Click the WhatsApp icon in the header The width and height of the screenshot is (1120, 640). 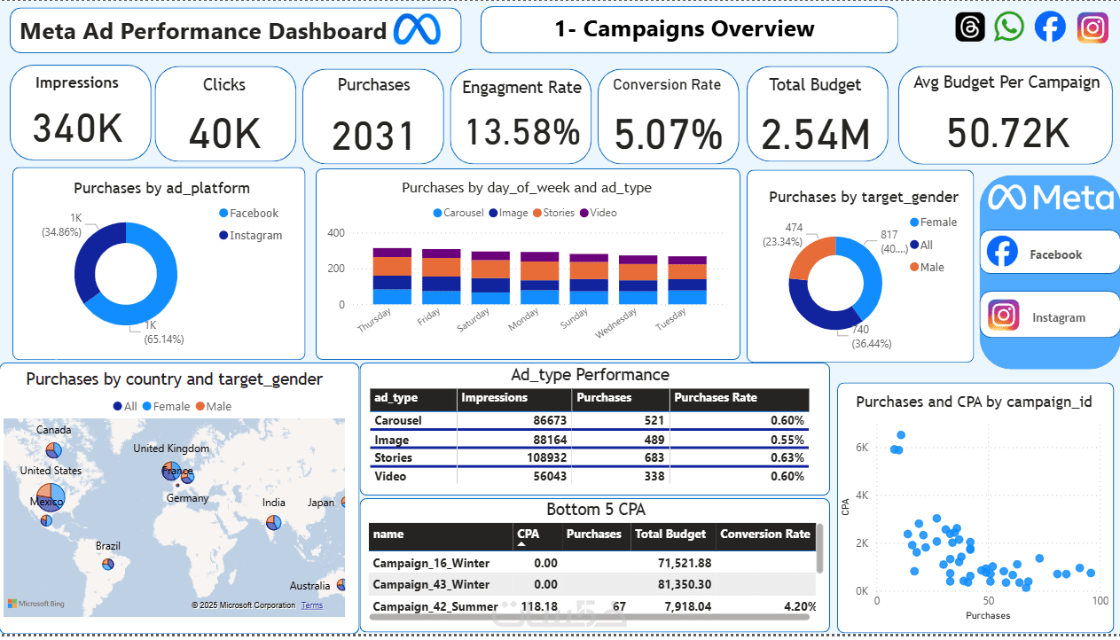pos(1008,27)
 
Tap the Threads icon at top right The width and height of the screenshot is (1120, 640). pos(970,27)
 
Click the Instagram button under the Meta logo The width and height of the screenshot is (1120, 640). pos(1050,316)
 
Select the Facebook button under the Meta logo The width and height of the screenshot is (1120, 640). pos(1050,254)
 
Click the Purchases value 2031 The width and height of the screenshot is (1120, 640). pos(373,137)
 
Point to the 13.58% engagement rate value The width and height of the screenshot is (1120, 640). pos(522,133)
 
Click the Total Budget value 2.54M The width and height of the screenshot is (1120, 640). pos(816,135)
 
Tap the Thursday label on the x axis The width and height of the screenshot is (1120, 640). pos(374,321)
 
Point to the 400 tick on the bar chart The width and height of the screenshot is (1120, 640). pos(336,233)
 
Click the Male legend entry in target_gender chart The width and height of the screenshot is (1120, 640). pos(931,267)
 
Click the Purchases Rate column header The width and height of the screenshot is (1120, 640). pos(716,398)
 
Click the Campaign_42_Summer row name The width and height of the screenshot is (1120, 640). pos(431,606)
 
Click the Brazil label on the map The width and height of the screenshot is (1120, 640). pos(108,546)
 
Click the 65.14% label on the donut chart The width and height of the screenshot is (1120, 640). pos(165,340)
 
